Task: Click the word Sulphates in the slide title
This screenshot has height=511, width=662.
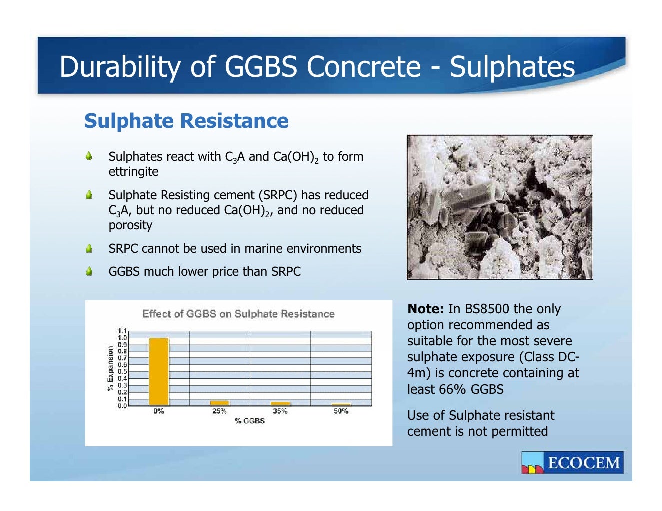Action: click(x=512, y=67)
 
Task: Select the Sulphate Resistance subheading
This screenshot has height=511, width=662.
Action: click(x=186, y=121)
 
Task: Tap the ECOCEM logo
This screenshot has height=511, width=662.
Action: click(x=572, y=462)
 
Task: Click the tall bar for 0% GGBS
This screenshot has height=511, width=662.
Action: click(x=159, y=372)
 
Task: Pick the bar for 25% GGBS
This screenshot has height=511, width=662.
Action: click(x=219, y=403)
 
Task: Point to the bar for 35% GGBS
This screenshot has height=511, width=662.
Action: click(x=280, y=403)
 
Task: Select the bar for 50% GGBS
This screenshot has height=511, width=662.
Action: click(x=341, y=404)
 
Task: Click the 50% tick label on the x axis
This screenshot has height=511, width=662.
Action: click(x=341, y=411)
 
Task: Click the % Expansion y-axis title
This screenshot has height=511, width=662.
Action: click(x=110, y=368)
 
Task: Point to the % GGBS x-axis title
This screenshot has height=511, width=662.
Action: click(x=250, y=421)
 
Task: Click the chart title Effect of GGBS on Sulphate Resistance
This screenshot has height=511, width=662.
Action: click(x=238, y=314)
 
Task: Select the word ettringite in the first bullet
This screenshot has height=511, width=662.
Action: click(x=133, y=172)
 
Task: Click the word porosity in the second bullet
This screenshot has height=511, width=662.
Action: click(x=130, y=225)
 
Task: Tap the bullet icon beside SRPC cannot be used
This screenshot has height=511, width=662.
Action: click(x=89, y=248)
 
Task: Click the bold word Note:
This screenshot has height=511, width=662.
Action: click(x=426, y=309)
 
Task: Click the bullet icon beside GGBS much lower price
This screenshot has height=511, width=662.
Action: click(x=89, y=271)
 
